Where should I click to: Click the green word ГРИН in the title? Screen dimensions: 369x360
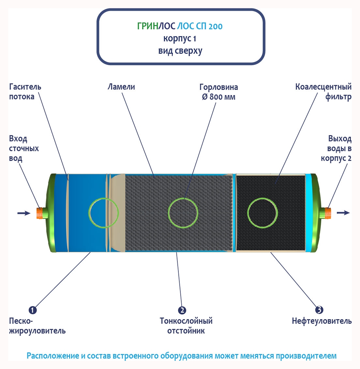pyautogui.click(x=147, y=26)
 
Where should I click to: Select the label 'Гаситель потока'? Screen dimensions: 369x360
pyautogui.click(x=25, y=92)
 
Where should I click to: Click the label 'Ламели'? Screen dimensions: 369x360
pyautogui.click(x=121, y=87)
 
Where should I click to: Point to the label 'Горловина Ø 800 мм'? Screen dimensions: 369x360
pyautogui.click(x=218, y=92)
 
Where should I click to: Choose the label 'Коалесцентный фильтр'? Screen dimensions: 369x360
pyautogui.click(x=323, y=92)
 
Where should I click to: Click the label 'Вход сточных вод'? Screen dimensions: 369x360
pyautogui.click(x=24, y=149)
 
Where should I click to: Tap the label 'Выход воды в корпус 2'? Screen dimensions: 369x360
pyautogui.click(x=336, y=149)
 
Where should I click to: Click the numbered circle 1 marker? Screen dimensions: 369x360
pyautogui.click(x=33, y=310)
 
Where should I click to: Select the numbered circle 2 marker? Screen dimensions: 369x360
pyautogui.click(x=182, y=310)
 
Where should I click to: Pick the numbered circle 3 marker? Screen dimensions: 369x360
pyautogui.click(x=319, y=310)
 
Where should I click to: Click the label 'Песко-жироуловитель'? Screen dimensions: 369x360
pyautogui.click(x=37, y=326)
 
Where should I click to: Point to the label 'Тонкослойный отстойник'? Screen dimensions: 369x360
pyautogui.click(x=186, y=326)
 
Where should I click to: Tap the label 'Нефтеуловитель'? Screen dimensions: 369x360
pyautogui.click(x=322, y=321)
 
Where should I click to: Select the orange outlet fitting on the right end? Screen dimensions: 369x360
pyautogui.click(x=328, y=213)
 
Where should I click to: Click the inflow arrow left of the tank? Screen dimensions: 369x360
pyautogui.click(x=23, y=213)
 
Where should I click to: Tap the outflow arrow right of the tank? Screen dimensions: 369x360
pyautogui.click(x=343, y=213)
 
